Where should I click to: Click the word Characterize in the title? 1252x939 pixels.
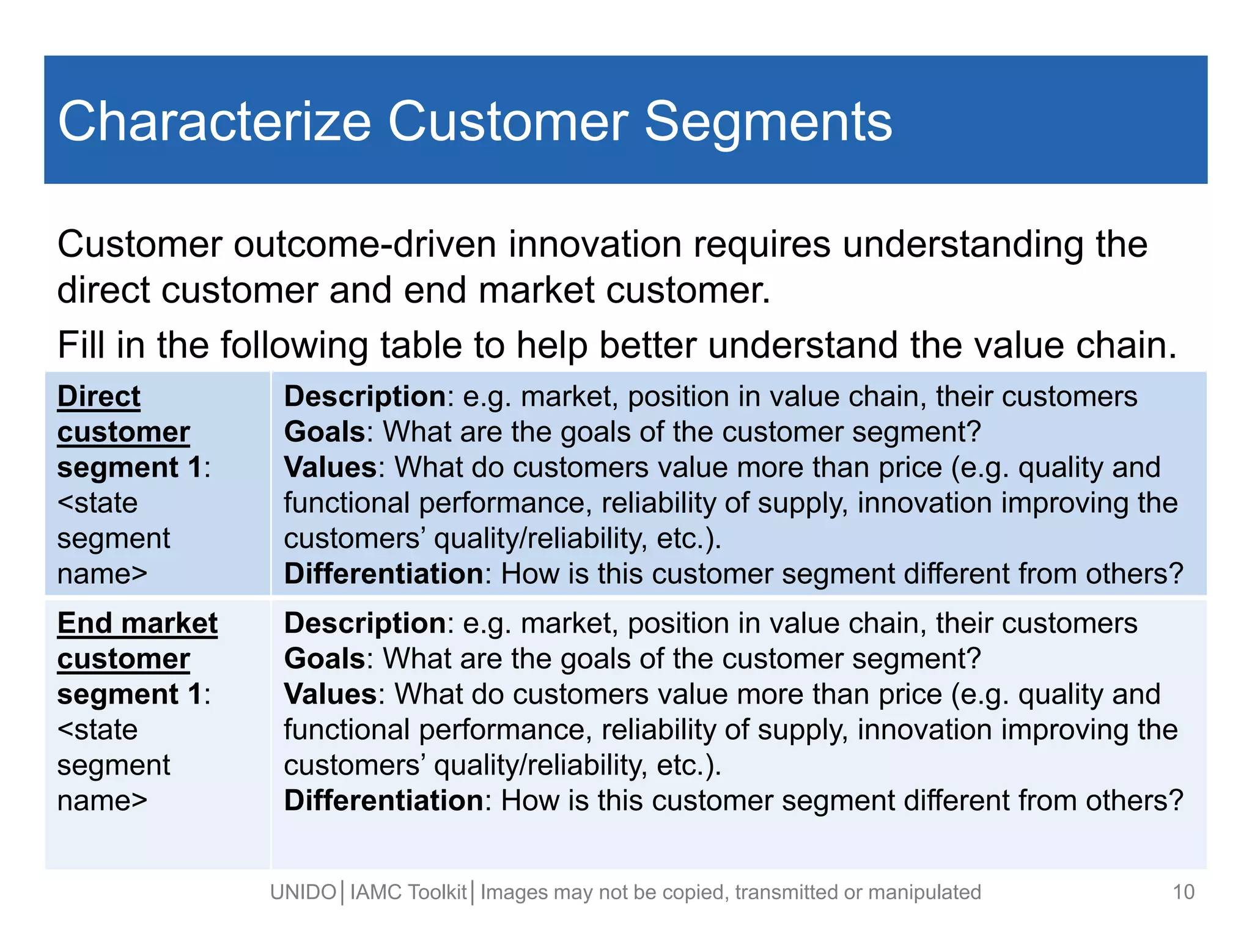point(214,122)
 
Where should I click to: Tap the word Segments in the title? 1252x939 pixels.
point(768,122)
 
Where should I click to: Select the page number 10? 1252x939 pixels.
point(1184,892)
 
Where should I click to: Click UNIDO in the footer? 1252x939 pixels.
point(303,893)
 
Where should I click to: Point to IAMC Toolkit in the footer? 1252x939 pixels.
point(408,893)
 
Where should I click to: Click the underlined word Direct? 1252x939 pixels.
point(98,396)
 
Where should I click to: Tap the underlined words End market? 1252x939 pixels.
point(138,623)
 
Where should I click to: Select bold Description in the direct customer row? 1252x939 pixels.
point(365,396)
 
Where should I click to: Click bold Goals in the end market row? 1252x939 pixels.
point(325,658)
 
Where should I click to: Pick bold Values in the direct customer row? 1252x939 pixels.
point(330,467)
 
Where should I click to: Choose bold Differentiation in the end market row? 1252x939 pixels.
point(384,800)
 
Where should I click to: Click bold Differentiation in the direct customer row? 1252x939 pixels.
point(384,573)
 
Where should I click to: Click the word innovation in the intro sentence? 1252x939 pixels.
point(594,245)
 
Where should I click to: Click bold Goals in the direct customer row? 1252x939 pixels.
point(325,432)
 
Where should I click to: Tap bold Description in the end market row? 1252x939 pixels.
point(365,623)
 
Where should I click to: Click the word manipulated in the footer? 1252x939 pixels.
point(924,893)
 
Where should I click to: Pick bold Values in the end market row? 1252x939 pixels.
point(330,694)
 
